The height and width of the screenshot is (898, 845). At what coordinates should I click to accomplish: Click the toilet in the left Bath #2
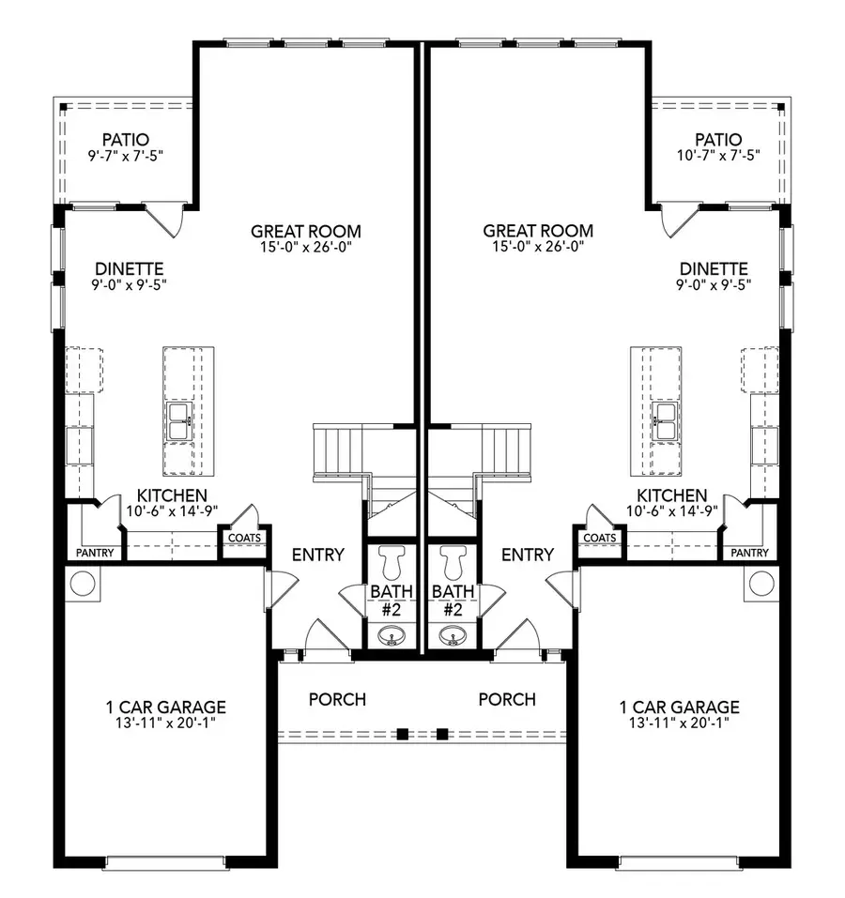point(392,561)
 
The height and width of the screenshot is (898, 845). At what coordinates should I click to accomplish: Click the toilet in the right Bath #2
point(453,561)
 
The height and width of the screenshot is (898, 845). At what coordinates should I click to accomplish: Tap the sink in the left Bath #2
point(392,639)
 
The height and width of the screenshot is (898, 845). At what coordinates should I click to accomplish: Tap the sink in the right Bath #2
point(453,639)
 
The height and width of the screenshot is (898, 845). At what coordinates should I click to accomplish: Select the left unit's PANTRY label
point(94,553)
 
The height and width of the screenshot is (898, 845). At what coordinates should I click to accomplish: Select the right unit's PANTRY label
point(749,553)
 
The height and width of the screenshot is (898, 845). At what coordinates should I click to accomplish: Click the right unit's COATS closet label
point(600,538)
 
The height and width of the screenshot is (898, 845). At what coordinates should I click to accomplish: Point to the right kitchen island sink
point(666,421)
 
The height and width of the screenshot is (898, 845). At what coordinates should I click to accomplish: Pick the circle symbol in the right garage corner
point(763,583)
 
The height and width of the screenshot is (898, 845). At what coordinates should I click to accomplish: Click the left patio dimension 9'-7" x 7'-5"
point(126,154)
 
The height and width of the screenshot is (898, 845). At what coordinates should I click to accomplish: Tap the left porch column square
point(402,734)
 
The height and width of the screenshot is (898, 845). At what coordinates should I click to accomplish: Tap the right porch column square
point(443,734)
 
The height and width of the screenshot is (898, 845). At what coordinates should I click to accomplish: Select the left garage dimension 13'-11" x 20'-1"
point(165,723)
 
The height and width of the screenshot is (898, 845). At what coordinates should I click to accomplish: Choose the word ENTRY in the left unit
point(318,555)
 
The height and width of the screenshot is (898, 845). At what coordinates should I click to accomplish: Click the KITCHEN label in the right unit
point(672,495)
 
